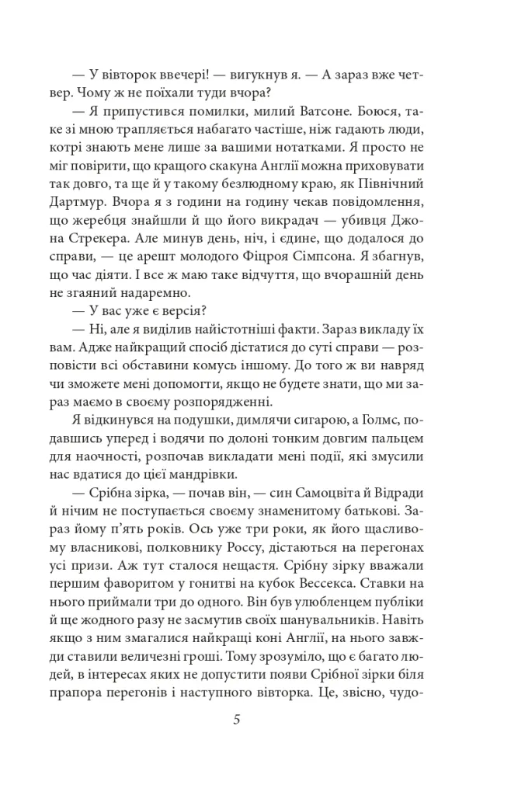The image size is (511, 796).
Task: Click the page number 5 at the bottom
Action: coord(236,718)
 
